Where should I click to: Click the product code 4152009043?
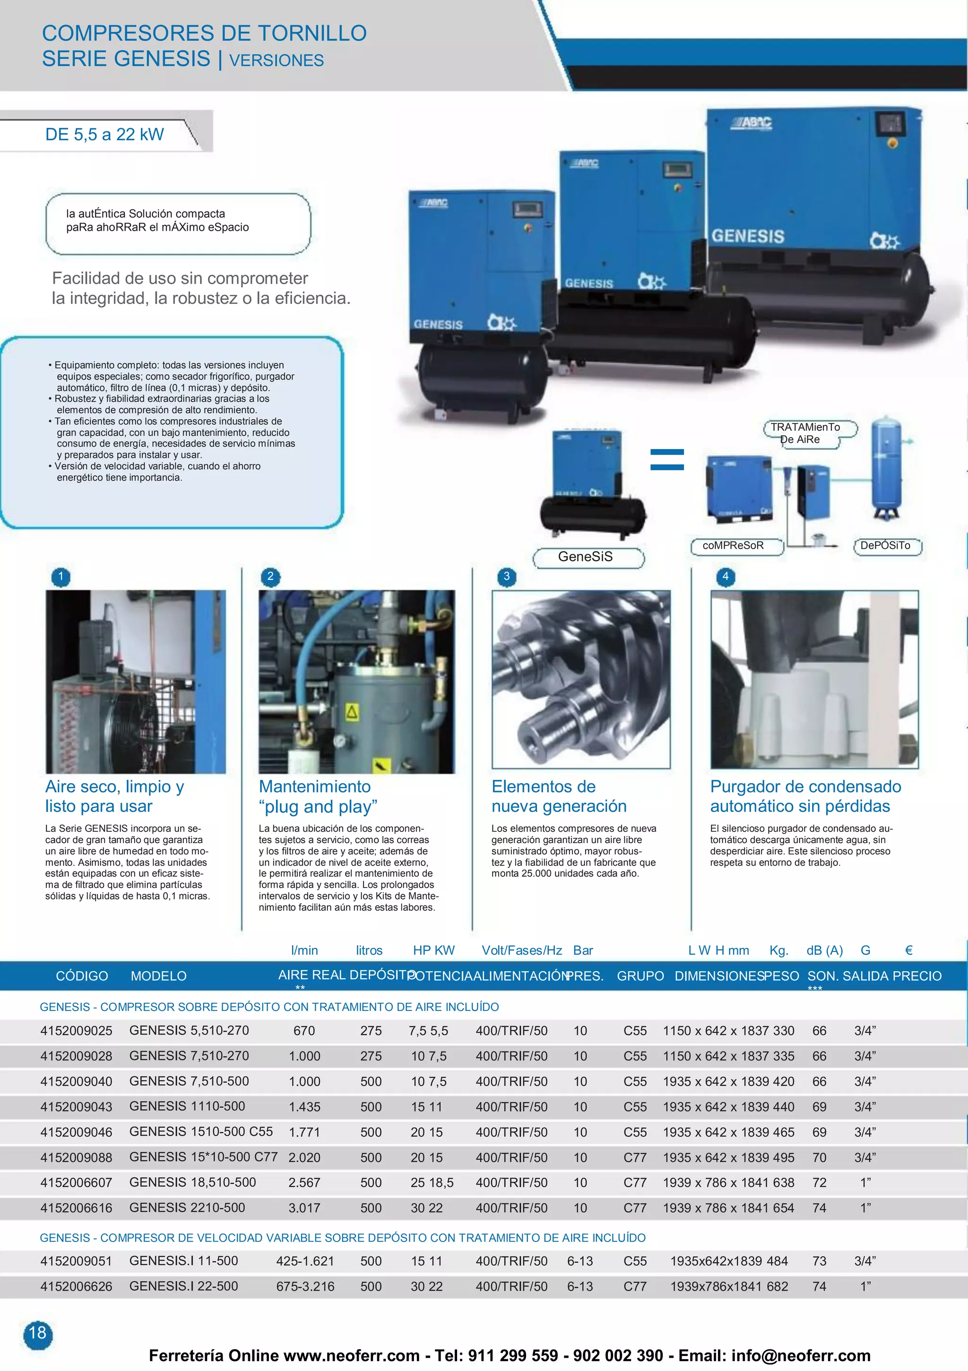[x=76, y=1106]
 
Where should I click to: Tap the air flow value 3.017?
[x=304, y=1207]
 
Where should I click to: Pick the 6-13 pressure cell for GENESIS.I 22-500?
[x=580, y=1286]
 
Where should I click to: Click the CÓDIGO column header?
[x=82, y=976]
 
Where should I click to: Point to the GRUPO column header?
[x=640, y=976]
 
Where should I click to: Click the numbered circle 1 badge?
[x=61, y=577]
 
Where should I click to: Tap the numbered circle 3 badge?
[x=506, y=577]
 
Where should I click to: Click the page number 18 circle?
[x=38, y=1332]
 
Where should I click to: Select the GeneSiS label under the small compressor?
[x=586, y=557]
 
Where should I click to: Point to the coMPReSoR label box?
[x=733, y=545]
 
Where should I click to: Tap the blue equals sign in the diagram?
[x=666, y=459]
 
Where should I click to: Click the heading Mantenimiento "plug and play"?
[x=318, y=797]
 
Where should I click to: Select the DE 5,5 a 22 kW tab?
[x=104, y=134]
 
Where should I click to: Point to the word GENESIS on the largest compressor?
[x=748, y=236]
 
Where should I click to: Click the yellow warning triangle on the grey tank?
[x=352, y=711]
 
